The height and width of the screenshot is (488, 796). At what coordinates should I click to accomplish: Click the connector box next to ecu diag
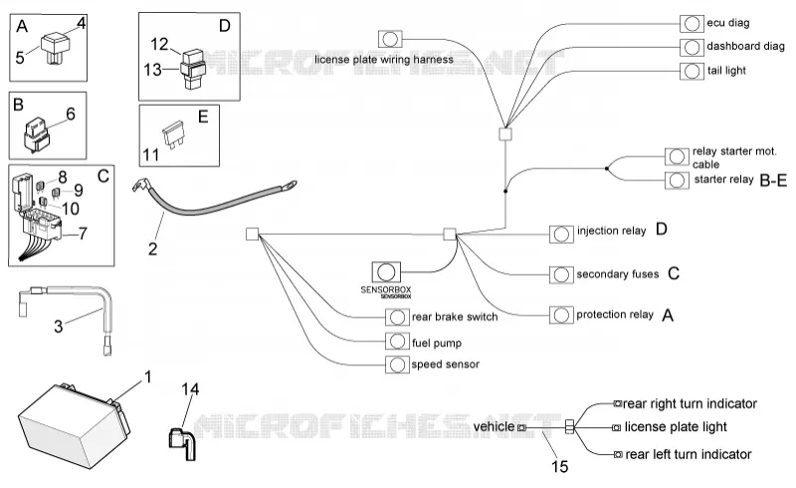tap(692, 24)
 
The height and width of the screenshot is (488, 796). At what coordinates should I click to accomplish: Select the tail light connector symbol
tap(692, 71)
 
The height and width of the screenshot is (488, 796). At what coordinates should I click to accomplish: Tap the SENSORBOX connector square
tap(386, 272)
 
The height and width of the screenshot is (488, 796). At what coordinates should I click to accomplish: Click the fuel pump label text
tap(437, 344)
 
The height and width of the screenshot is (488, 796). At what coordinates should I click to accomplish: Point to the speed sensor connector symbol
tap(397, 365)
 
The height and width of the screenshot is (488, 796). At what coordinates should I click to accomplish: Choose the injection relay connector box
tap(561, 234)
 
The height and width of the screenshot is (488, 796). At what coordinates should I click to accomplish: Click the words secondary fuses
tap(617, 275)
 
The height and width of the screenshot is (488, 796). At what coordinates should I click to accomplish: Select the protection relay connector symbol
tap(561, 315)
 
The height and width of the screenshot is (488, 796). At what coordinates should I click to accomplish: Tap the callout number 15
tap(559, 466)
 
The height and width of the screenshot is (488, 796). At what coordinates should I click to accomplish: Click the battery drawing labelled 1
tap(74, 424)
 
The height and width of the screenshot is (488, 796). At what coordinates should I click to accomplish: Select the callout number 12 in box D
tap(159, 44)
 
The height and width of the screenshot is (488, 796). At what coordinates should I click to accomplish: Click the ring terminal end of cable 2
tap(287, 186)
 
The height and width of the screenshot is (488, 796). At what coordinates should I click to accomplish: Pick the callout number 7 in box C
tap(83, 233)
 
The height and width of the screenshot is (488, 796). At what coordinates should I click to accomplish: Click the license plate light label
tap(676, 427)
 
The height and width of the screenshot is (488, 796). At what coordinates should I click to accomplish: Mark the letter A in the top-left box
tap(22, 26)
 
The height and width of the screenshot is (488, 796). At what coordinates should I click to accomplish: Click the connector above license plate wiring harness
tap(390, 39)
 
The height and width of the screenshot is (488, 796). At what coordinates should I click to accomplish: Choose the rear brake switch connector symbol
tap(397, 317)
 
